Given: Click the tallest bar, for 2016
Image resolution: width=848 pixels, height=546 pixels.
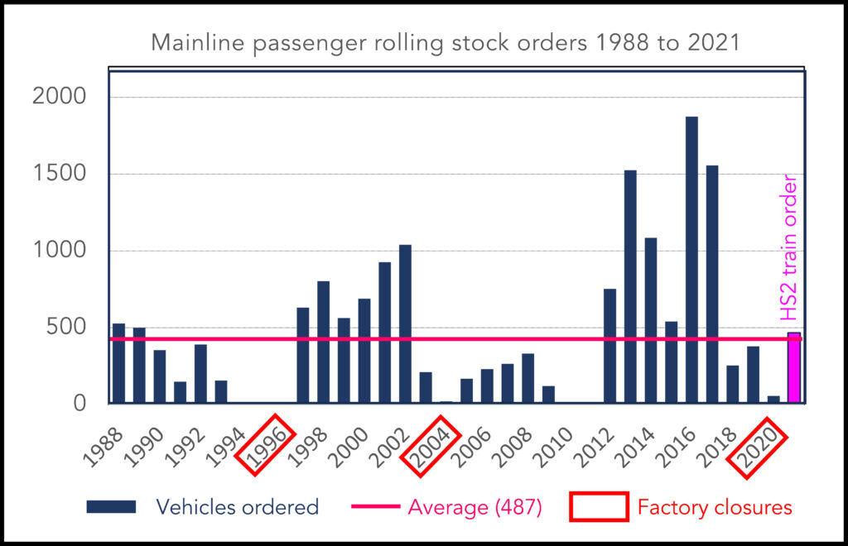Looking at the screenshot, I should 691,260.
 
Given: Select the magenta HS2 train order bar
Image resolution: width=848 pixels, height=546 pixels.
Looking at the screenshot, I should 793,368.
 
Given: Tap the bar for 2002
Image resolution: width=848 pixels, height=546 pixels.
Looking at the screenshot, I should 405,323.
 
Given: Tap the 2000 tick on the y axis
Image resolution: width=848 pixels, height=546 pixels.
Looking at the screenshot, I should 59,97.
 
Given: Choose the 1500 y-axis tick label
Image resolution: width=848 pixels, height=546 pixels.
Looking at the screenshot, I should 59,174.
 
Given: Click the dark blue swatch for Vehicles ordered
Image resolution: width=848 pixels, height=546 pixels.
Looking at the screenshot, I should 111,507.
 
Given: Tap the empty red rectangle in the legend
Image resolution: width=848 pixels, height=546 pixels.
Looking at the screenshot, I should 598,507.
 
